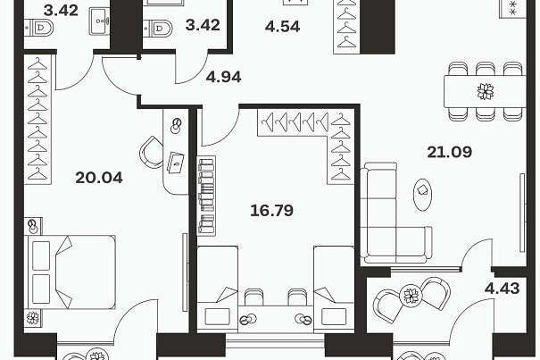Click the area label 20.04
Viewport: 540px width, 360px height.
tap(99, 178)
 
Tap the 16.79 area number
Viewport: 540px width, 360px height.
tap(271, 210)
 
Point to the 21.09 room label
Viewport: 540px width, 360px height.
tap(450, 152)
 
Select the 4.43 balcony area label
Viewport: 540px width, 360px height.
tap(503, 288)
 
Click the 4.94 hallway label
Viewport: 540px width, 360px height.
tap(223, 77)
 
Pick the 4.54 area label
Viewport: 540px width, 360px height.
tap(282, 27)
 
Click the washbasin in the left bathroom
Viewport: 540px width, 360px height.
tap(100, 21)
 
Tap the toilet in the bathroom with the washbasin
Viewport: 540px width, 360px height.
tap(39, 28)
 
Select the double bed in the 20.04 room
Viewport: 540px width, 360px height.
tap(70, 272)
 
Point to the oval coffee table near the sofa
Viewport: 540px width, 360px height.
tap(422, 194)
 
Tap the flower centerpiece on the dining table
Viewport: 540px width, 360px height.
tap(486, 92)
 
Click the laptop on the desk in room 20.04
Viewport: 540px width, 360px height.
tap(176, 163)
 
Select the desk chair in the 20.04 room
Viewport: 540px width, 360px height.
tap(151, 152)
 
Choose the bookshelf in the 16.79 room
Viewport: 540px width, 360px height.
tap(206, 196)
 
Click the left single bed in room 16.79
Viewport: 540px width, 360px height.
tap(217, 289)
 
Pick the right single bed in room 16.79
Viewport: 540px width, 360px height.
tap(334, 289)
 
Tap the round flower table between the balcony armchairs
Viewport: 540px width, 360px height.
tap(411, 295)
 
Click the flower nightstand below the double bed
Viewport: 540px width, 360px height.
tap(33, 318)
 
